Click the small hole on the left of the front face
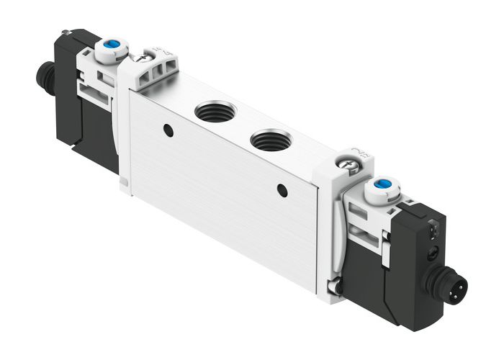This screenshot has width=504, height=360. click(x=168, y=130)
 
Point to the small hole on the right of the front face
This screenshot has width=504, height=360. click(x=282, y=190)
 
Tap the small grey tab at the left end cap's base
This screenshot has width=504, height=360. click(x=124, y=186)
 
